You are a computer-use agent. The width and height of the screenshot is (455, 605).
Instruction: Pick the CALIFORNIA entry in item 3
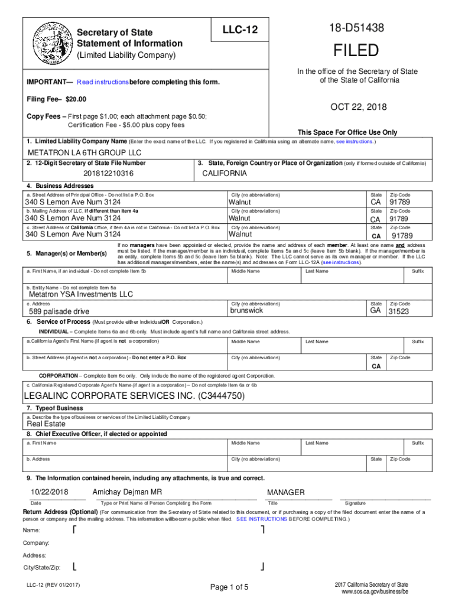tap(225, 174)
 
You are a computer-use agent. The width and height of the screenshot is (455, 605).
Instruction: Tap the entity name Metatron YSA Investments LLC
tap(81, 294)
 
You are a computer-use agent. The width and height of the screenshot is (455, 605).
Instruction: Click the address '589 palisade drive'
tap(59, 311)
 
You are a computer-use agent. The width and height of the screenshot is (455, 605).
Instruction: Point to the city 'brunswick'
tap(246, 311)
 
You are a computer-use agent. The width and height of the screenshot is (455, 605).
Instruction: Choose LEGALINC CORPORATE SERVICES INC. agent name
tap(134, 396)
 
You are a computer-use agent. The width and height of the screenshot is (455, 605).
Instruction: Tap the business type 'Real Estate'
tap(46, 424)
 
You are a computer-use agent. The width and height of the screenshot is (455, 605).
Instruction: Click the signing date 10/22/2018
tap(50, 492)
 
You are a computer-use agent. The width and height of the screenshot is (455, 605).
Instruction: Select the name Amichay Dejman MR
tap(127, 492)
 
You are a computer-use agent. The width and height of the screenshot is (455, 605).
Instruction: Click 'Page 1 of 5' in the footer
tap(229, 587)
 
